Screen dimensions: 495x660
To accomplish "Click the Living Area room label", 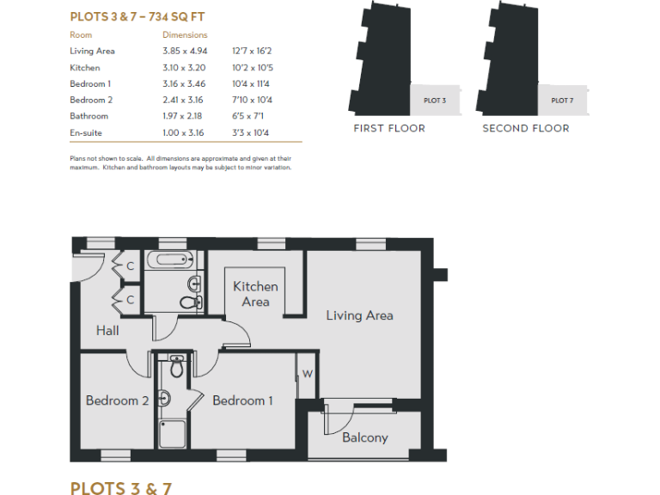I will (359, 315).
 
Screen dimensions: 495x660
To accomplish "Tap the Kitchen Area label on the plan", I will (255, 294).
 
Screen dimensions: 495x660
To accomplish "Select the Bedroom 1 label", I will (242, 400).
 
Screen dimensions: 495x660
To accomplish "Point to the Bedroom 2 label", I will (117, 400).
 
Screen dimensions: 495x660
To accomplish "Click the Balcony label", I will (364, 437).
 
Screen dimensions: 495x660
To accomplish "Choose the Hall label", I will (107, 330).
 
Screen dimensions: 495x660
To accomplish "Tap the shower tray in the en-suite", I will (173, 432).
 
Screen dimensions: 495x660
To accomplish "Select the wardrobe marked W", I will (307, 373).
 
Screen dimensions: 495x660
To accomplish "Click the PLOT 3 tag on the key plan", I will (435, 101).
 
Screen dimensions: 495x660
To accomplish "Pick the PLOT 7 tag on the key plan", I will (562, 101).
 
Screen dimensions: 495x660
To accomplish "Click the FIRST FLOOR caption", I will (389, 128).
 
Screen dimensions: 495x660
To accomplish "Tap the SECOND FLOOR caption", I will (525, 128).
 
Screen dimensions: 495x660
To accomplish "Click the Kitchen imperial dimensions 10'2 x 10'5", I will (250, 68).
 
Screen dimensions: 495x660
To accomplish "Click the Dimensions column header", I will (185, 35).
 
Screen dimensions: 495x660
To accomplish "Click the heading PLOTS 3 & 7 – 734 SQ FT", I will (137, 16).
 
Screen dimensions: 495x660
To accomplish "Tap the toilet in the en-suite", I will (177, 367).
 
